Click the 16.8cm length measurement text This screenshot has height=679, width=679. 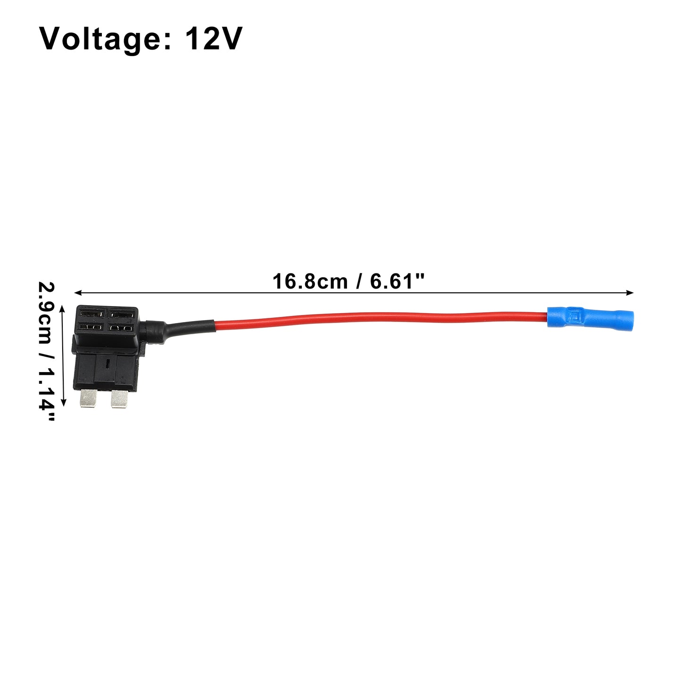310,282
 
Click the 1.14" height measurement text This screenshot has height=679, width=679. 47,391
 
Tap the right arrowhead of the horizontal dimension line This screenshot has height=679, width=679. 629,292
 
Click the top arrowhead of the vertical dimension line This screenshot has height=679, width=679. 63,309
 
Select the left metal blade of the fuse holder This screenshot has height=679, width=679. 88,398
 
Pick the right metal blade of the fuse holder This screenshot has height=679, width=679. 119,399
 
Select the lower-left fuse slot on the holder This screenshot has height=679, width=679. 91,327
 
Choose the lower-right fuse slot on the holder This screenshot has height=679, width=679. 121,328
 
